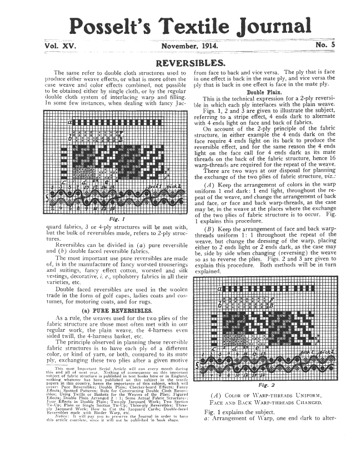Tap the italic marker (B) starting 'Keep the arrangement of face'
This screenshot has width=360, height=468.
click(x=210, y=228)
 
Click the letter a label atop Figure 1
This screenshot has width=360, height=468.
click(x=70, y=121)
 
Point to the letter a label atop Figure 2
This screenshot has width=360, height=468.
click(x=219, y=289)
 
